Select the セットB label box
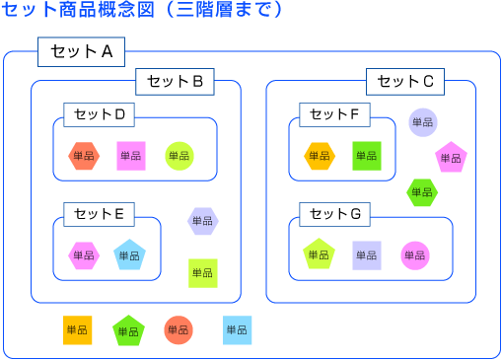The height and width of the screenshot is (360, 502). pos(174,82)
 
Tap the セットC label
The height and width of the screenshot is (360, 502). pos(405,82)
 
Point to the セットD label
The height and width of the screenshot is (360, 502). pos(99,115)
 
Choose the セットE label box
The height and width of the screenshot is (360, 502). pos(99,213)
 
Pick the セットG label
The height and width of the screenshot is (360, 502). pos(334,213)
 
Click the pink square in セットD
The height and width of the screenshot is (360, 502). pos(131,156)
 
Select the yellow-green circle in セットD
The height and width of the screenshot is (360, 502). pos(179,156)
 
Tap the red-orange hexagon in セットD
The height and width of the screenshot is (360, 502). pos(84,156)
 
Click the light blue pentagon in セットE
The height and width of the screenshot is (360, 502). pos(129,255)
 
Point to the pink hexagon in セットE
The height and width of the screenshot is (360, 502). pos(84,255)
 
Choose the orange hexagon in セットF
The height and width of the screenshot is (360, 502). pos(319,156)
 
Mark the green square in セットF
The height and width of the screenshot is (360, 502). pos(366,156)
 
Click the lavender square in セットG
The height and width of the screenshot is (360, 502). pos(367,255)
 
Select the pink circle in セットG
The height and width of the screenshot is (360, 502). pos(415,255)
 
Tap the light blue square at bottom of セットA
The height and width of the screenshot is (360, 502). pos(237,329)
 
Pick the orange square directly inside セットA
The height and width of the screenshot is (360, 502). pos(77,329)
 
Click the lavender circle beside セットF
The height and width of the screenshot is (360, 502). pos(422,122)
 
